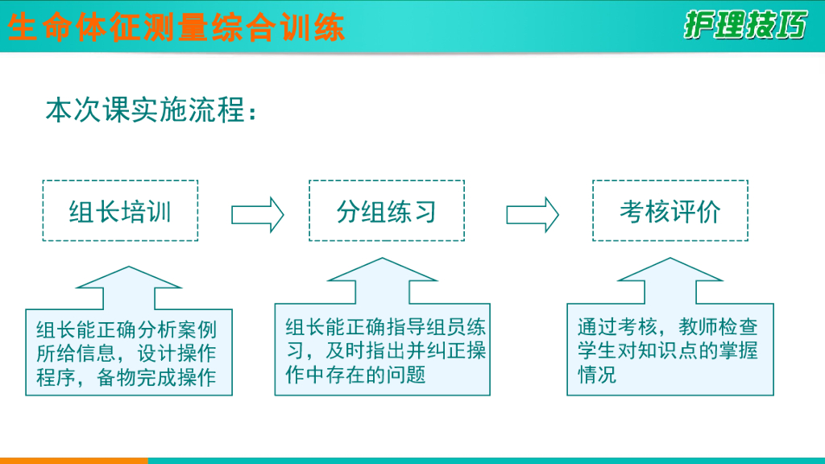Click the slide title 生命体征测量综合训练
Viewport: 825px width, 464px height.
click(x=176, y=27)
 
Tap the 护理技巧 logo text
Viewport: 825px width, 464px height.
click(x=745, y=26)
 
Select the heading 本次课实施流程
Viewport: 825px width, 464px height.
click(x=152, y=110)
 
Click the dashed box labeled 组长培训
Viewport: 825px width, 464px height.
click(x=120, y=211)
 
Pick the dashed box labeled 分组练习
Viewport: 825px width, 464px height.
click(x=387, y=211)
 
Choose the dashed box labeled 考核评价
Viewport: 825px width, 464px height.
click(x=670, y=211)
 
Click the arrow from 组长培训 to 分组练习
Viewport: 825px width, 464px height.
click(x=258, y=214)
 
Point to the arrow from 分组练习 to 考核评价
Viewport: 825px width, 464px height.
click(x=533, y=214)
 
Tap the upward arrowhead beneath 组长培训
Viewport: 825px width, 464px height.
click(x=129, y=284)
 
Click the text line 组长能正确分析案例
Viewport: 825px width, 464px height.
click(x=126, y=330)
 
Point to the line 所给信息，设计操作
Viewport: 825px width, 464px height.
click(x=126, y=354)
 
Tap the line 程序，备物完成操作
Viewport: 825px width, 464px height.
click(x=126, y=377)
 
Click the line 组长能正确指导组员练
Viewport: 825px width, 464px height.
click(x=386, y=327)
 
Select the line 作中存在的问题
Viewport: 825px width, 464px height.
click(x=355, y=375)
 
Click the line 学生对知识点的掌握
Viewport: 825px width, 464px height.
click(x=668, y=351)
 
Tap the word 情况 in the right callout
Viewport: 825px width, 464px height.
click(x=597, y=375)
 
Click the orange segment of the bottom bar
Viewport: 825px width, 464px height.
click(x=73, y=460)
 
